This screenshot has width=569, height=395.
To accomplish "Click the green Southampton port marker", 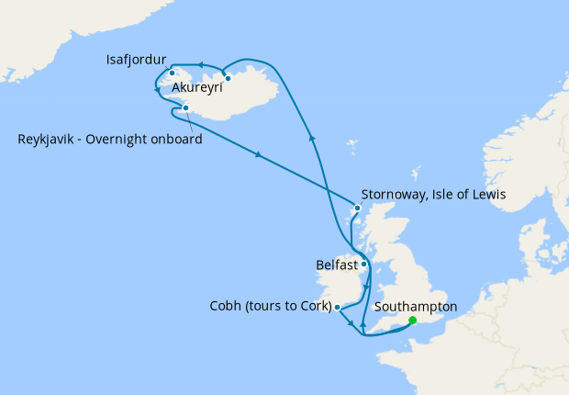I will coord(412,321).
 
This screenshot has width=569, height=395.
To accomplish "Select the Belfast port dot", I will coord(364,265).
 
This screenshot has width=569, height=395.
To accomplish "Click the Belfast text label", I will coord(336,265).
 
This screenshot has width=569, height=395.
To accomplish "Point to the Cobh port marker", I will coord(338,307).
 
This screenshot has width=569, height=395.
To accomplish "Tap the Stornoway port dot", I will coord(356,209).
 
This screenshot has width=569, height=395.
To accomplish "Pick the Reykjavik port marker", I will coord(186,108).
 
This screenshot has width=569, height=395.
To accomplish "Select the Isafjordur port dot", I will coord(172,72).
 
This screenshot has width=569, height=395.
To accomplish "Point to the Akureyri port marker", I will coord(228,78).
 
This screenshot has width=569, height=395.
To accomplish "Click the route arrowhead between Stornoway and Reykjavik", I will coord(260,157).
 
